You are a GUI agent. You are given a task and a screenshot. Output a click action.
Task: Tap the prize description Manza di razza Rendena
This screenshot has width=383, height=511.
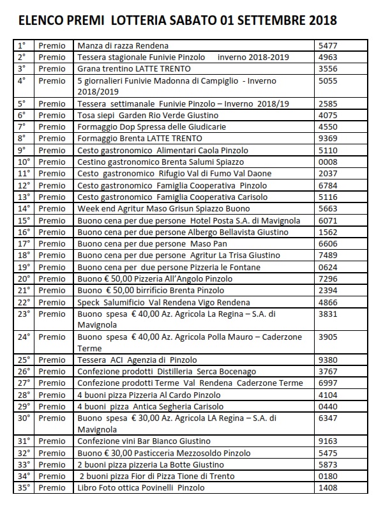[x=123, y=46]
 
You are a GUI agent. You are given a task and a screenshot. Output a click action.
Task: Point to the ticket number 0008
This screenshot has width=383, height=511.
[x=327, y=162]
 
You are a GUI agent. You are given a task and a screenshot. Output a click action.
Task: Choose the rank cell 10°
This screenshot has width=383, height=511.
[x=24, y=162]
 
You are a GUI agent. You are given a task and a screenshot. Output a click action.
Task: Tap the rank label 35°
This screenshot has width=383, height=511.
[x=24, y=488]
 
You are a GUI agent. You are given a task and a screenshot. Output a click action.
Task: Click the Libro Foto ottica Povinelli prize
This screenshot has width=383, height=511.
[x=141, y=488]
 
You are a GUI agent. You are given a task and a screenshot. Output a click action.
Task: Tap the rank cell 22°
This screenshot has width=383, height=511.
[x=24, y=301]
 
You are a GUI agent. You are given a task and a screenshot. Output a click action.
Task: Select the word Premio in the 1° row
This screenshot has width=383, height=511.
[x=52, y=46]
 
